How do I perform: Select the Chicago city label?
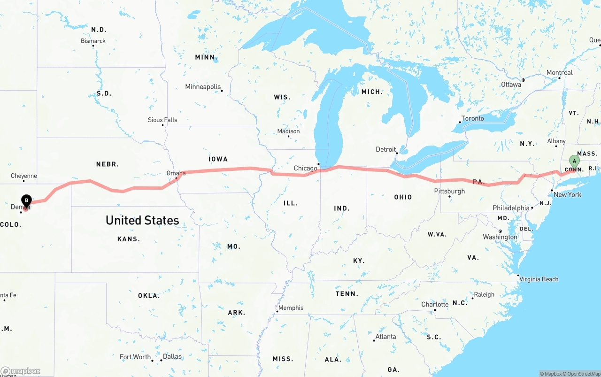(305, 168)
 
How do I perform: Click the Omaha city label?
(176, 173)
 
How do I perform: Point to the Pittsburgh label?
(449, 191)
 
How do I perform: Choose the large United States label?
(142, 220)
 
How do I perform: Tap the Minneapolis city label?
(202, 87)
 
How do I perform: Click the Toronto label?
(472, 118)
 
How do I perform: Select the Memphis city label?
(291, 308)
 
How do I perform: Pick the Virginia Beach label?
(539, 279)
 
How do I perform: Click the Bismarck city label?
(93, 41)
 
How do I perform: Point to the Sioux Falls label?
(162, 120)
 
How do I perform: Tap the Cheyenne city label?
(24, 176)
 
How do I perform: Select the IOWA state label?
(218, 159)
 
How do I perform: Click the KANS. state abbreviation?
(129, 239)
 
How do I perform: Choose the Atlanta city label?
(385, 337)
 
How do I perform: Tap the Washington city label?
(500, 237)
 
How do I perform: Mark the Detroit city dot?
(397, 153)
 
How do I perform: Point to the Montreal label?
(559, 73)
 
